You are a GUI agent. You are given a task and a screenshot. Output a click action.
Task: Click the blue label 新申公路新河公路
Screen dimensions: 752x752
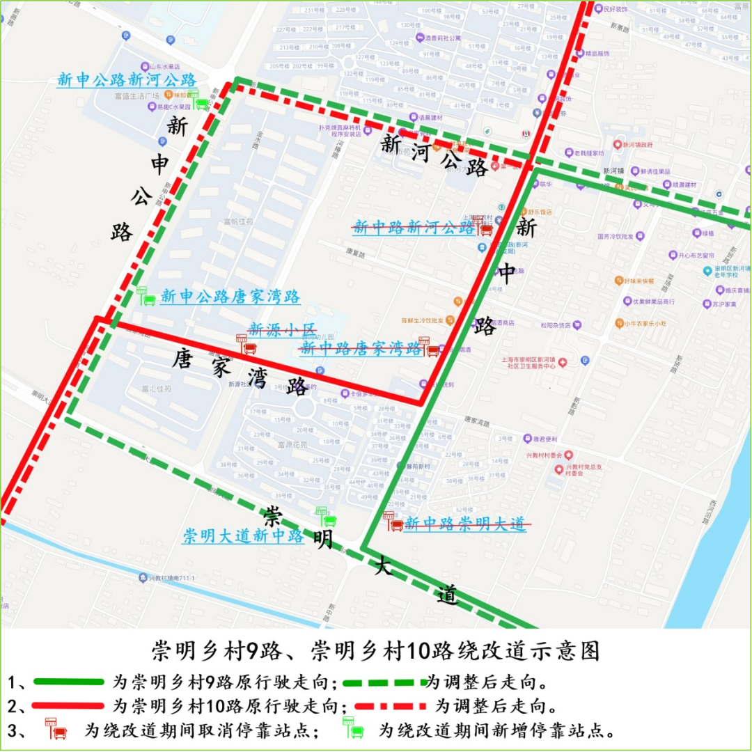pos(127,80)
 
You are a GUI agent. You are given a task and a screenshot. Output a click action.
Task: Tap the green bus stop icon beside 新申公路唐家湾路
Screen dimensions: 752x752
pos(146,297)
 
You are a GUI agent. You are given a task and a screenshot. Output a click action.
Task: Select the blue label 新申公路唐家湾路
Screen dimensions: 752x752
pos(230,297)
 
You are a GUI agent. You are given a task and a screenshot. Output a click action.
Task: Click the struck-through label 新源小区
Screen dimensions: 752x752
pos(282,329)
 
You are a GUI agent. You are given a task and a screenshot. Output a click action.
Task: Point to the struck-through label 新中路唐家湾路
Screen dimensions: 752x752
pos(361,349)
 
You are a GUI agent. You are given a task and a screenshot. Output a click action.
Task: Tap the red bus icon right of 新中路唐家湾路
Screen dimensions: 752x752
pos(430,347)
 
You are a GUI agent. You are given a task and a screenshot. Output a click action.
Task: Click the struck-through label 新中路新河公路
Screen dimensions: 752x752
pos(414,227)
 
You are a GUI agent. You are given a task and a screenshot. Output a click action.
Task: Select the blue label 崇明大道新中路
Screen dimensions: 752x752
pos(243,536)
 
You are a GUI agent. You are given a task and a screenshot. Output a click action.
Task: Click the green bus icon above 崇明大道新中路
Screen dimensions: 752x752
pos(325,517)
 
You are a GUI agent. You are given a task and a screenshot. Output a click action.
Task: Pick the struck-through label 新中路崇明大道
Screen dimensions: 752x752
pos(465,524)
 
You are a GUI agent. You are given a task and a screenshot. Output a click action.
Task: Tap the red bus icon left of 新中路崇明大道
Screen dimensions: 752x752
pos(393,522)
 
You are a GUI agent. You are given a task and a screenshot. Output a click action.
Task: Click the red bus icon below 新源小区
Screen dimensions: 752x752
pos(245,345)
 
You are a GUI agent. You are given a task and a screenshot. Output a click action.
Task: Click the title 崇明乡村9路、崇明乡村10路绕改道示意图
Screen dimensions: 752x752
pos(376,651)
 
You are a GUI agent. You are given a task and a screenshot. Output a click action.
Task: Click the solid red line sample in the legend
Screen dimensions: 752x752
pos(68,706)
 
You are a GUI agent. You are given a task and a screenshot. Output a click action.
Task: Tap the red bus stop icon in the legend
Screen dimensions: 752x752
pos(56,729)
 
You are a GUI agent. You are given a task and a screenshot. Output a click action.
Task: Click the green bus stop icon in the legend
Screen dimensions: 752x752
pos(353,728)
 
